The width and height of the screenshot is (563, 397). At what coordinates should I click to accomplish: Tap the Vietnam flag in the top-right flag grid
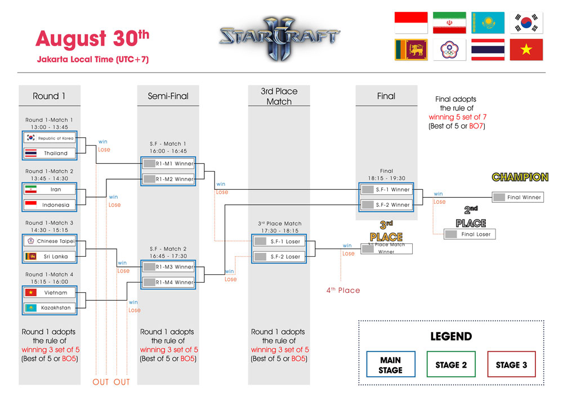click(526, 50)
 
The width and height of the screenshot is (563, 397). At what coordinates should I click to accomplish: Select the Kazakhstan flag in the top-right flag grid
click(488, 23)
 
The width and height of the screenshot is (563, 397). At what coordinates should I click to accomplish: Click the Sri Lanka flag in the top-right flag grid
click(411, 50)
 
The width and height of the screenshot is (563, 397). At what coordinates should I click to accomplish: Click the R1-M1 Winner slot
click(168, 164)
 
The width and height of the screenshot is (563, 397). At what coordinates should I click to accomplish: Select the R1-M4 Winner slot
click(168, 282)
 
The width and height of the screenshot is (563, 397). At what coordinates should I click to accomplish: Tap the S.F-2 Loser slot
click(279, 257)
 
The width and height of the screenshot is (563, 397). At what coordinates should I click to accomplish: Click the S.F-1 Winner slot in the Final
click(387, 190)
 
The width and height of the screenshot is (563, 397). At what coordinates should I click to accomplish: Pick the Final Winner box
click(517, 197)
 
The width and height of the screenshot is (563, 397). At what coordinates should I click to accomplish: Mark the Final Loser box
click(470, 234)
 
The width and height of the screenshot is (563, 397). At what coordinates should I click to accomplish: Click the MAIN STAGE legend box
click(390, 364)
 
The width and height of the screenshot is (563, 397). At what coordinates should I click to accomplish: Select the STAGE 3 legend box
click(511, 364)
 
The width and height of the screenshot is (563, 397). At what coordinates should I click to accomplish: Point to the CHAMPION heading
click(520, 177)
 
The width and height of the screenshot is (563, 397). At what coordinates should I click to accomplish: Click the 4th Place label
click(343, 290)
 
